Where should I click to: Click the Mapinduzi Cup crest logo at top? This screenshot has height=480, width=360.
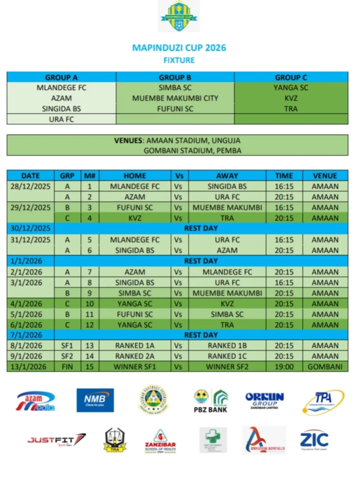pos(179,16)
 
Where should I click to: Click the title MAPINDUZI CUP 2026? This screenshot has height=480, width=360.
pos(179,48)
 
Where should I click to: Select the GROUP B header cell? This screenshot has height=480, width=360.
pos(175,77)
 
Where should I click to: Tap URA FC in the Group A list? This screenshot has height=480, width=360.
pos(61,119)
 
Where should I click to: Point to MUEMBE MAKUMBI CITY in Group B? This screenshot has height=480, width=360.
pos(175,98)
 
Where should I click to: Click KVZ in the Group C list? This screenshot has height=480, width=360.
pos(291,98)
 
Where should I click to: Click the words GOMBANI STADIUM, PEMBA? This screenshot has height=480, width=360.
pos(192,150)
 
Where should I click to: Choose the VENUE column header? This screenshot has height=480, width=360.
pos(325,175)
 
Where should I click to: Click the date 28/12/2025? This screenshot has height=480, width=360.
pos(30,186)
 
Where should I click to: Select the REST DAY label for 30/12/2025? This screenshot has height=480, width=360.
pos(201,228)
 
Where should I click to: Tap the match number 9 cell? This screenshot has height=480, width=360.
pos(89,293)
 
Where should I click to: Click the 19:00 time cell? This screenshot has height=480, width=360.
pos(284,367)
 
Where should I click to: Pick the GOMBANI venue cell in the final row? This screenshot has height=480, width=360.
pos(325,367)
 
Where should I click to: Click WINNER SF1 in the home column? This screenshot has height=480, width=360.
pos(135,367)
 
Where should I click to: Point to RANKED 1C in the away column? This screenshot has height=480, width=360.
pos(227,356)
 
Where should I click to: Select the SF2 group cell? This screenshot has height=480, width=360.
pos(67,356)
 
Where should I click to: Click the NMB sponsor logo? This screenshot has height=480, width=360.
pos(95,400)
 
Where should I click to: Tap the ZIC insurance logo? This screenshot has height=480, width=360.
pos(314,440)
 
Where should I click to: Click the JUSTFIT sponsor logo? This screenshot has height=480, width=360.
pos(57,440)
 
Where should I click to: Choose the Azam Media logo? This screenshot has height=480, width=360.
pos(36,401)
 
